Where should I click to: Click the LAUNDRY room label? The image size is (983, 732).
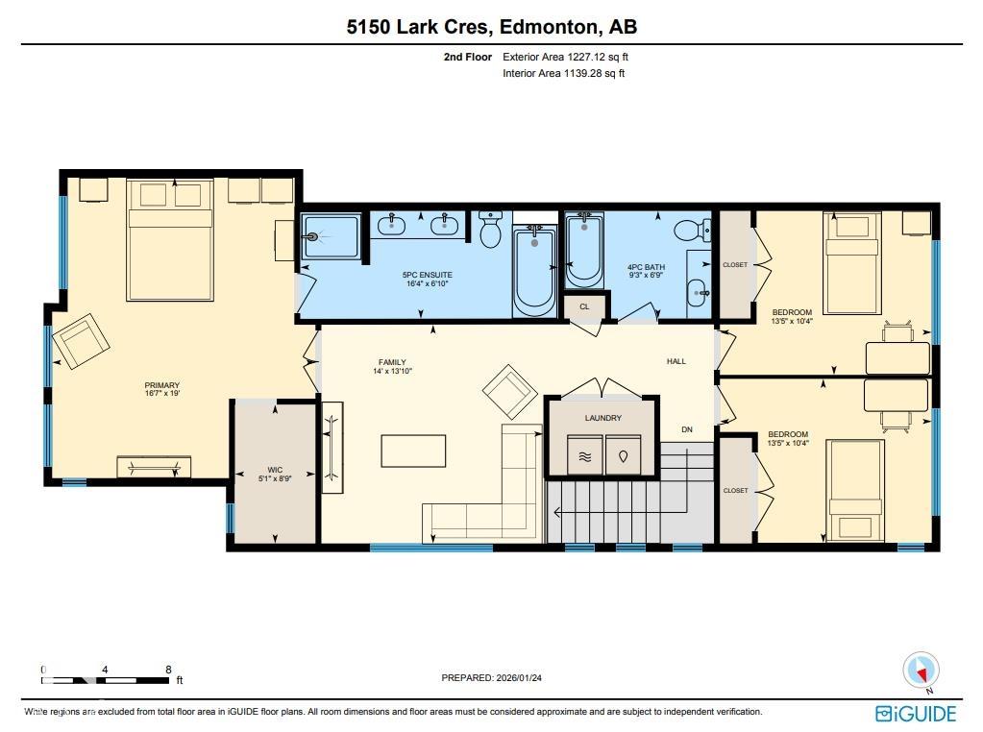pyautogui.click(x=602, y=418)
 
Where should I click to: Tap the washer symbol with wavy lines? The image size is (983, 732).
pyautogui.click(x=583, y=456)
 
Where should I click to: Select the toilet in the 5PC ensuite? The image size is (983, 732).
pyautogui.click(x=490, y=231)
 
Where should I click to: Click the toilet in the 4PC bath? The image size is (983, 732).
pyautogui.click(x=688, y=231)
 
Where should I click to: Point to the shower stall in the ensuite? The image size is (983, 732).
pyautogui.click(x=332, y=236)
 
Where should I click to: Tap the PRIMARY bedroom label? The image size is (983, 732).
pyautogui.click(x=161, y=386)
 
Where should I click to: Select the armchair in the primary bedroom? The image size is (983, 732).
pyautogui.click(x=82, y=340)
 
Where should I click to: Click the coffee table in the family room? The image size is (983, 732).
pyautogui.click(x=413, y=451)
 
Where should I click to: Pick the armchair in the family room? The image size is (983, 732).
pyautogui.click(x=509, y=390)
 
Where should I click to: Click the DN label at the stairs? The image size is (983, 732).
pyautogui.click(x=686, y=429)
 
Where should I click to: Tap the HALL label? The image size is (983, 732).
pyautogui.click(x=676, y=361)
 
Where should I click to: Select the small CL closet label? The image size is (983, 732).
pyautogui.click(x=584, y=306)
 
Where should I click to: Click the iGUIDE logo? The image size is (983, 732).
pyautogui.click(x=915, y=713)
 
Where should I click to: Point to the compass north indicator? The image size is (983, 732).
pyautogui.click(x=922, y=669)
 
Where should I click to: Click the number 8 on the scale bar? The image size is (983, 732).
pyautogui.click(x=168, y=670)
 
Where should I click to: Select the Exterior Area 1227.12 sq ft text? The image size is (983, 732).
pyautogui.click(x=565, y=57)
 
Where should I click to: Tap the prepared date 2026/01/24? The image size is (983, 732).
pyautogui.click(x=491, y=677)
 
